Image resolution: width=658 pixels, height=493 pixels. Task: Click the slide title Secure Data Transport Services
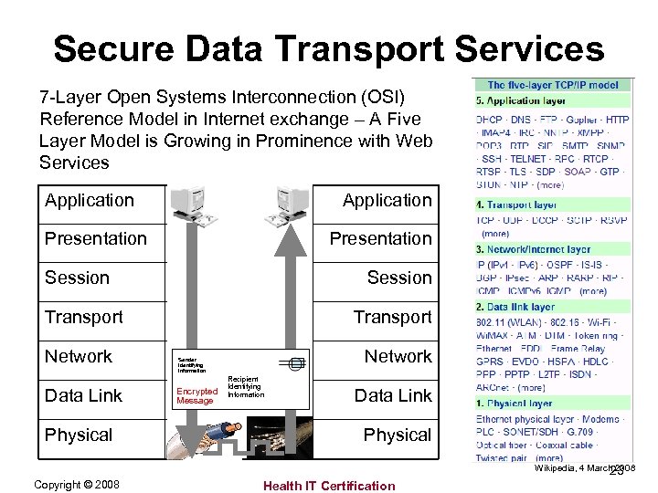click(329, 48)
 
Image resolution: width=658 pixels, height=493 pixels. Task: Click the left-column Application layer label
click(90, 200)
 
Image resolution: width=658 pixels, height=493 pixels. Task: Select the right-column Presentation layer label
click(380, 238)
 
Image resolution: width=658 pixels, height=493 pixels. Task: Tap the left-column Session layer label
click(77, 278)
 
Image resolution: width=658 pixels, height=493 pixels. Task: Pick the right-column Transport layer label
click(393, 317)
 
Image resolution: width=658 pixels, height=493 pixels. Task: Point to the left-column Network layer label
click(79, 356)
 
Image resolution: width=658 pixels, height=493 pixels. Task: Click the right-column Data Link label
click(393, 395)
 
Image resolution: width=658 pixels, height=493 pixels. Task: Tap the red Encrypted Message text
click(195, 396)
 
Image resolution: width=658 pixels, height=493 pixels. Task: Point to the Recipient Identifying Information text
click(245, 387)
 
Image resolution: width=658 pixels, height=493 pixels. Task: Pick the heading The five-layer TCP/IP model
click(553, 85)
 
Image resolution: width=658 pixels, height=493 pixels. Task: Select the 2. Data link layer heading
click(516, 307)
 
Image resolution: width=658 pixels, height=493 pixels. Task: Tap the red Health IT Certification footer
click(329, 486)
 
